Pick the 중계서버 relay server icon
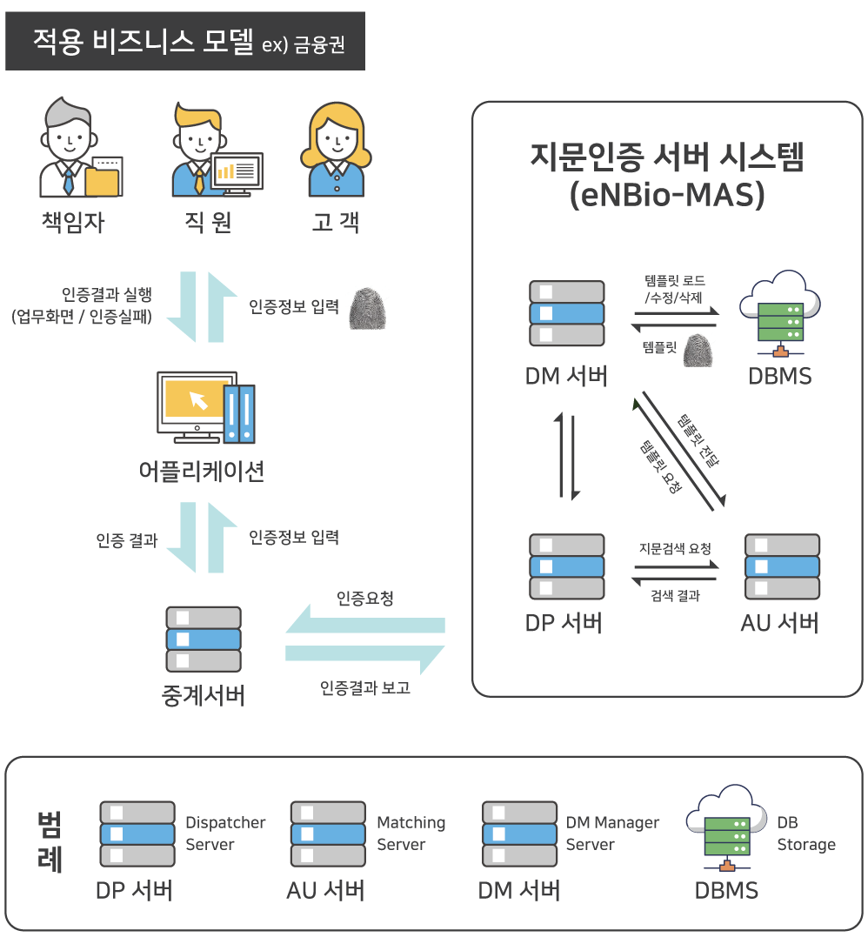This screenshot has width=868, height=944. (203, 639)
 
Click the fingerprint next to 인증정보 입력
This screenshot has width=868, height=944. (365, 310)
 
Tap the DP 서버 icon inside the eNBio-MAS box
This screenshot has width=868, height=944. (566, 566)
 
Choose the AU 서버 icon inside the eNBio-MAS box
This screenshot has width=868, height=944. (782, 566)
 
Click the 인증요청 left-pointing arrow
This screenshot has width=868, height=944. (365, 625)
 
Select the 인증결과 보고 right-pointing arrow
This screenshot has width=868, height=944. (365, 654)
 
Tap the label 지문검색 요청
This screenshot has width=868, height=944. (675, 548)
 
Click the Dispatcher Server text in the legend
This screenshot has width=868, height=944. (225, 834)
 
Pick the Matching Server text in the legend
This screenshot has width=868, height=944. (411, 834)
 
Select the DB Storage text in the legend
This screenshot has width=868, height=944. (805, 834)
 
